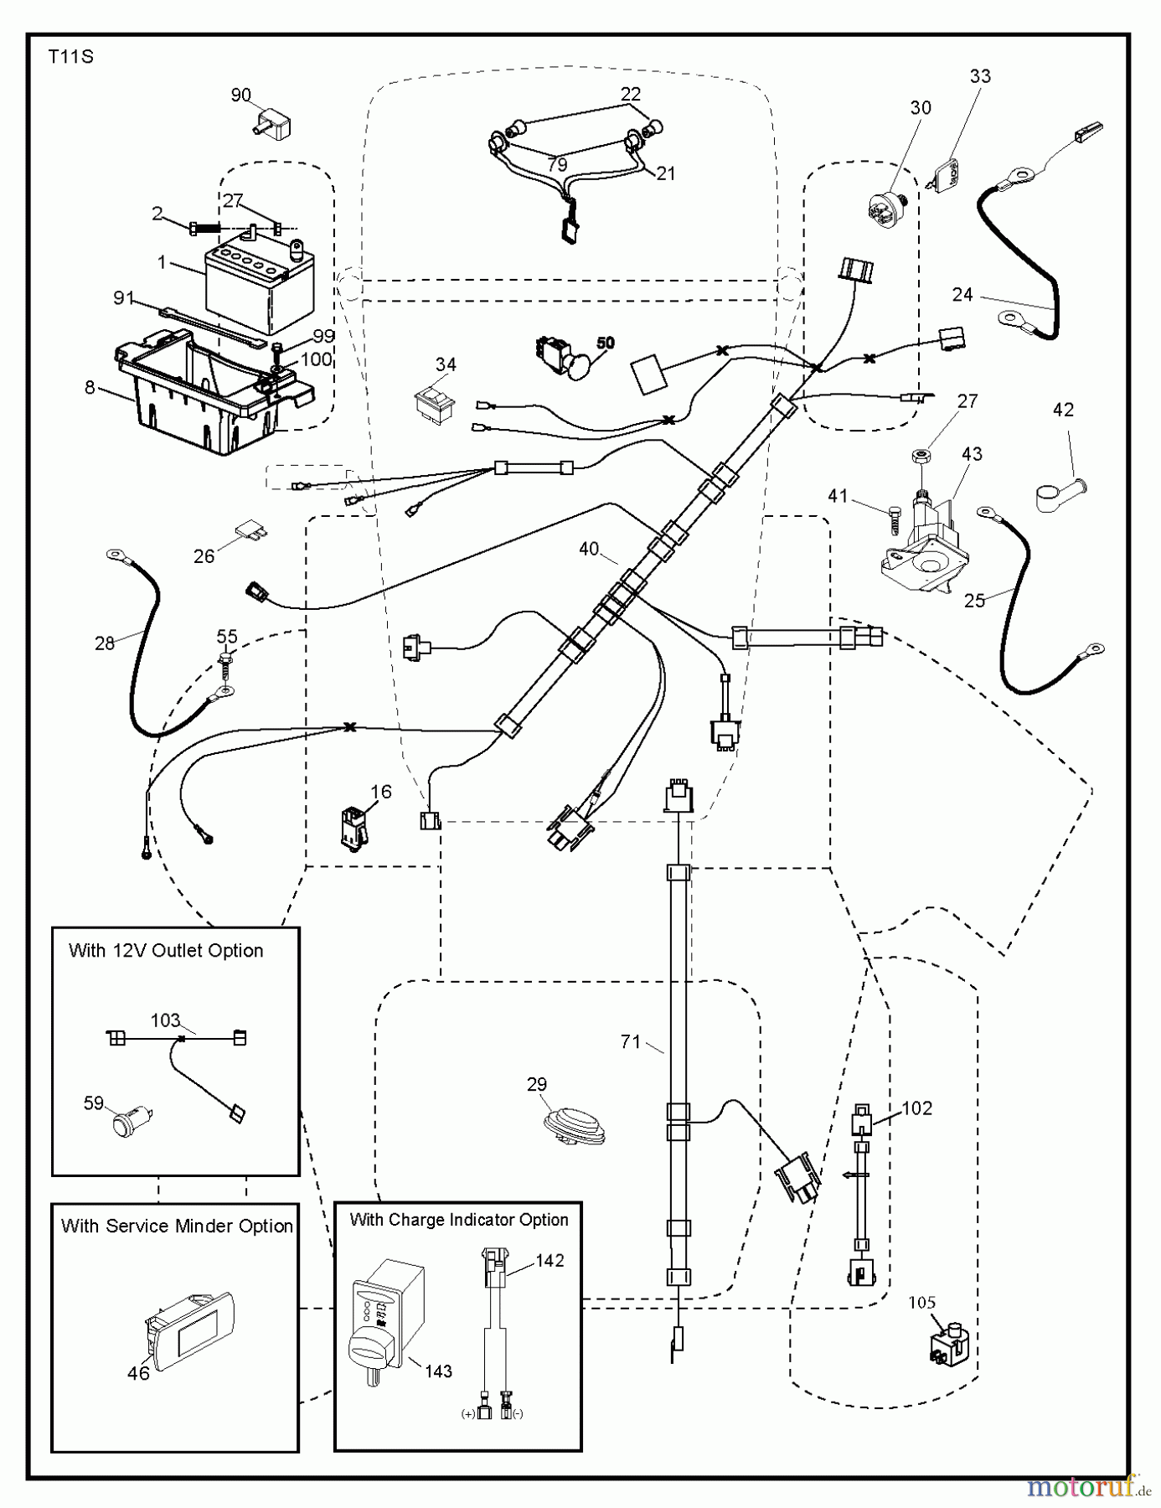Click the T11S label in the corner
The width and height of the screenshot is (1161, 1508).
pos(70,57)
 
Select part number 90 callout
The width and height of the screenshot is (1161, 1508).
pos(240,95)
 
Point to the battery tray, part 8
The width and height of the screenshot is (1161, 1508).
pos(209,398)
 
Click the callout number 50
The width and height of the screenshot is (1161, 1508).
pos(605,343)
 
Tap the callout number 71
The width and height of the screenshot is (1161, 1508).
pos(630,1041)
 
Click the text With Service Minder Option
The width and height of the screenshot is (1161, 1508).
pos(177,1226)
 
